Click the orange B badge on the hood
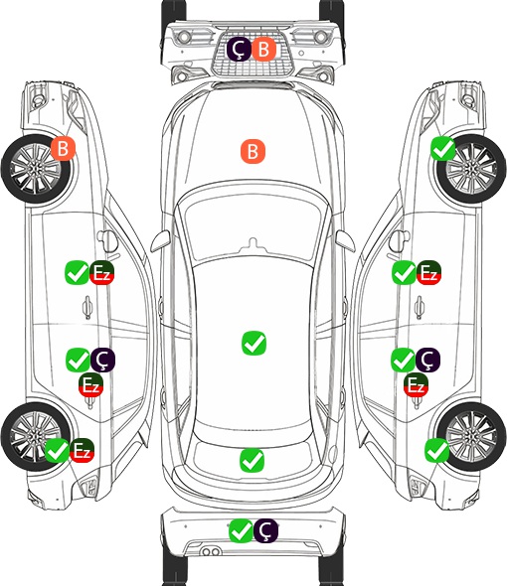[253, 151]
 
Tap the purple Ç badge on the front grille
[239, 49]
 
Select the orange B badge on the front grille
[263, 49]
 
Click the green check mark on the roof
[253, 343]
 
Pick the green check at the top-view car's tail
[252, 460]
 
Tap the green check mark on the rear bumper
[241, 530]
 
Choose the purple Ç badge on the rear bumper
[265, 530]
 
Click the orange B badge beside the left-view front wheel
[64, 148]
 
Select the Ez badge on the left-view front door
[101, 272]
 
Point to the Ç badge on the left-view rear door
[102, 360]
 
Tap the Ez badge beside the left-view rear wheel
[82, 450]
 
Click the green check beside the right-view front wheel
[443, 148]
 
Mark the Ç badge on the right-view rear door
[427, 360]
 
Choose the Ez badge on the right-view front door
[428, 272]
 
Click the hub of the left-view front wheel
[35, 169]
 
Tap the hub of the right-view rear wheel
[471, 437]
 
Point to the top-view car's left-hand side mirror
[160, 241]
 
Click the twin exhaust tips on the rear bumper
[211, 552]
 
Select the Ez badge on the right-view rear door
[417, 385]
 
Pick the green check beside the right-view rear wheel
[436, 450]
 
